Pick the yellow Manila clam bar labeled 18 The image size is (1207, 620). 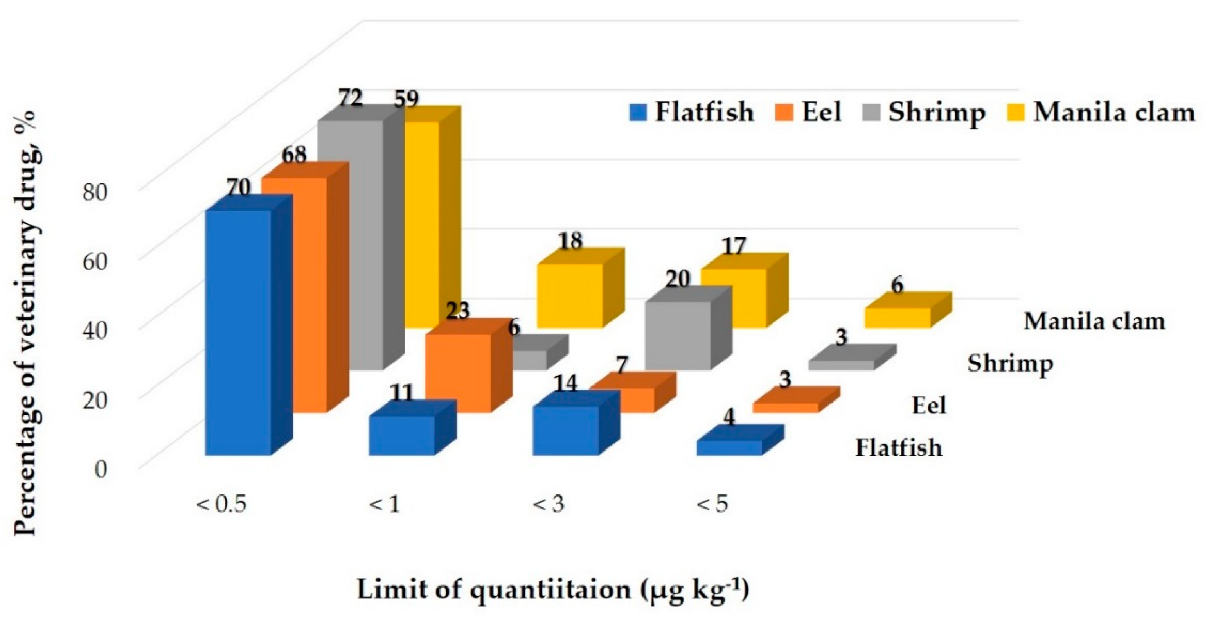tap(569, 295)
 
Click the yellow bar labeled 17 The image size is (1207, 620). tap(733, 298)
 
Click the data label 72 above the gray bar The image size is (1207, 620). tap(350, 99)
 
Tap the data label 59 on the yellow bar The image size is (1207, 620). tap(406, 100)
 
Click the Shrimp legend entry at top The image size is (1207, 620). tap(937, 113)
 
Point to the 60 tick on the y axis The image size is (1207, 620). tap(95, 261)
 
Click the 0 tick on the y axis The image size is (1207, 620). tap(101, 469)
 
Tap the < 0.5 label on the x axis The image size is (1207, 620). tap(221, 505)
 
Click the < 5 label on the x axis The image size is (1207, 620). tap(712, 505)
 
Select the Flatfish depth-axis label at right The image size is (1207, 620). tap(899, 447)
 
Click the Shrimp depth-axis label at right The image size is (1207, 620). tap(1010, 363)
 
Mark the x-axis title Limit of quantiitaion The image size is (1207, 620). tap(553, 589)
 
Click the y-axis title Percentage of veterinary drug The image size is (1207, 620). tap(27, 323)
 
